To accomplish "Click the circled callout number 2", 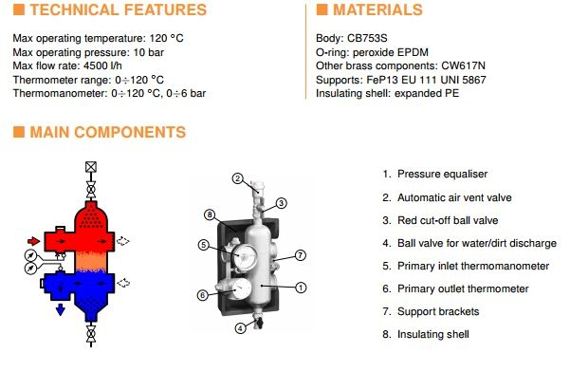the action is point(237,178).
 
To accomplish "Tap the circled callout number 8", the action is point(210,214).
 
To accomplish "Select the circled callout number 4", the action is point(240,328).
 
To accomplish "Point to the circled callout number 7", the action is point(300,255).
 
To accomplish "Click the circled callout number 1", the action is point(301,288).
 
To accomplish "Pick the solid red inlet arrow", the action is point(34,241).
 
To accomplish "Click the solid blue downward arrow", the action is point(61,309).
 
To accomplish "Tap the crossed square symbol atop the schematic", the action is point(91,167).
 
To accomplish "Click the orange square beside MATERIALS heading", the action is point(322,9).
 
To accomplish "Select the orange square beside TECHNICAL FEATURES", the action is point(19,9).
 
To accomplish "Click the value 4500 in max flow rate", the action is point(95,65).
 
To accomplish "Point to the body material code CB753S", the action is point(367,38).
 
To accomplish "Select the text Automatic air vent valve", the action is point(454,197).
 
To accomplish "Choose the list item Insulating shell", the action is point(432,334).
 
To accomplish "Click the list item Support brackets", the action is point(438,311).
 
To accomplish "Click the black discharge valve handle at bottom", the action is point(259,323).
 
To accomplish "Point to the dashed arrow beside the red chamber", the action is point(123,241).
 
